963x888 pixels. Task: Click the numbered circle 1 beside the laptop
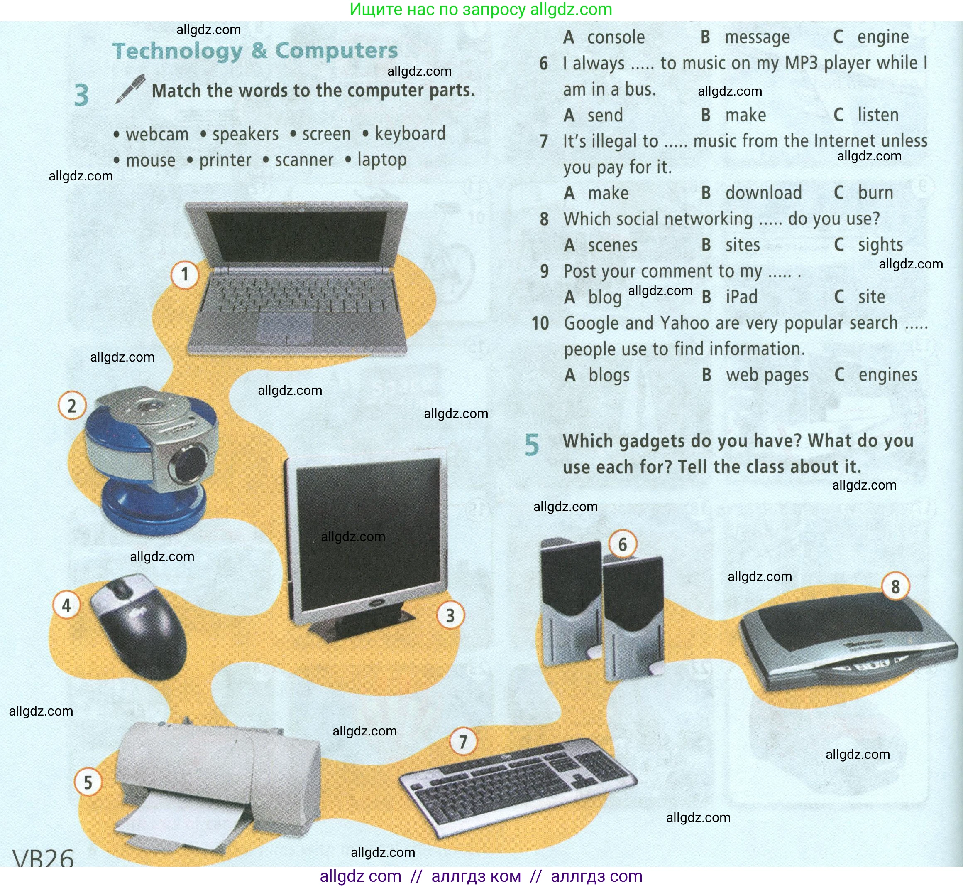click(185, 274)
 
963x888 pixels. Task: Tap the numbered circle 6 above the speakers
click(623, 544)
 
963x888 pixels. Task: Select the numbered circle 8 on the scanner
click(895, 587)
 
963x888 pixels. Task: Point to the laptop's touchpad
click(285, 328)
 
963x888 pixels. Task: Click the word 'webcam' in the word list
click(157, 135)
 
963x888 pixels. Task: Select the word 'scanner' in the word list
click(304, 160)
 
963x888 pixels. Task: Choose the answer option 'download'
click(763, 193)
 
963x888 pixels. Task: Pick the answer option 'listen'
click(878, 115)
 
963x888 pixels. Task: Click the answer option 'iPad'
click(742, 297)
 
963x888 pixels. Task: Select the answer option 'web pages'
click(767, 375)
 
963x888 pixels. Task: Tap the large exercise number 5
click(532, 445)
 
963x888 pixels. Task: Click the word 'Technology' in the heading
click(177, 51)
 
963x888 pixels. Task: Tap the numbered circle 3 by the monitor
click(450, 615)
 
